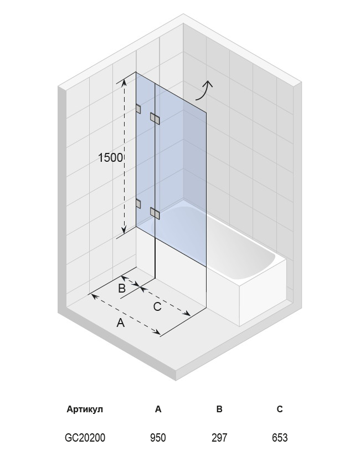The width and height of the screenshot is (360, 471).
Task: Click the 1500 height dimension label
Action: pyautogui.click(x=111, y=157)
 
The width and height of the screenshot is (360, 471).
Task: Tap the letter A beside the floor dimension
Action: pyautogui.click(x=120, y=323)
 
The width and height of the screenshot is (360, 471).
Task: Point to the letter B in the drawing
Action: pyautogui.click(x=122, y=288)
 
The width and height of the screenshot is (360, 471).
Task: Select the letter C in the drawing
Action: pyautogui.click(x=157, y=306)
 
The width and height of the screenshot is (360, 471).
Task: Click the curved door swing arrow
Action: pyautogui.click(x=204, y=90)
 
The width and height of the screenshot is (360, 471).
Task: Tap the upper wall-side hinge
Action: pyautogui.click(x=138, y=109)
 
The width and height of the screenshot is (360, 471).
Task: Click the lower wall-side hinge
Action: pyautogui.click(x=138, y=203)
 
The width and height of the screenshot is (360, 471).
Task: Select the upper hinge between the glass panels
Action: pyautogui.click(x=155, y=118)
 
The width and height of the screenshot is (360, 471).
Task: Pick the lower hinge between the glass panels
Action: pyautogui.click(x=155, y=213)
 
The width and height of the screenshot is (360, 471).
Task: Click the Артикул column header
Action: pyautogui.click(x=85, y=409)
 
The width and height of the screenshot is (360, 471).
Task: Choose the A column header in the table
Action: pyautogui.click(x=158, y=409)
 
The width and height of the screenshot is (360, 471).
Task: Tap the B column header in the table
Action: pyautogui.click(x=219, y=409)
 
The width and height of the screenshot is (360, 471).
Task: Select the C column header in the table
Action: pyautogui.click(x=280, y=409)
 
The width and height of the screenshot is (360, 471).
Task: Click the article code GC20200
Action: pyautogui.click(x=85, y=438)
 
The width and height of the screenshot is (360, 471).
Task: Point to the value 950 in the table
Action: pyautogui.click(x=158, y=438)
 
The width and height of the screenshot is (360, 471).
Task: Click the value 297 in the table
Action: pyautogui.click(x=219, y=438)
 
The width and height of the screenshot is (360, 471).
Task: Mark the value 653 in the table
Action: pyautogui.click(x=280, y=438)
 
